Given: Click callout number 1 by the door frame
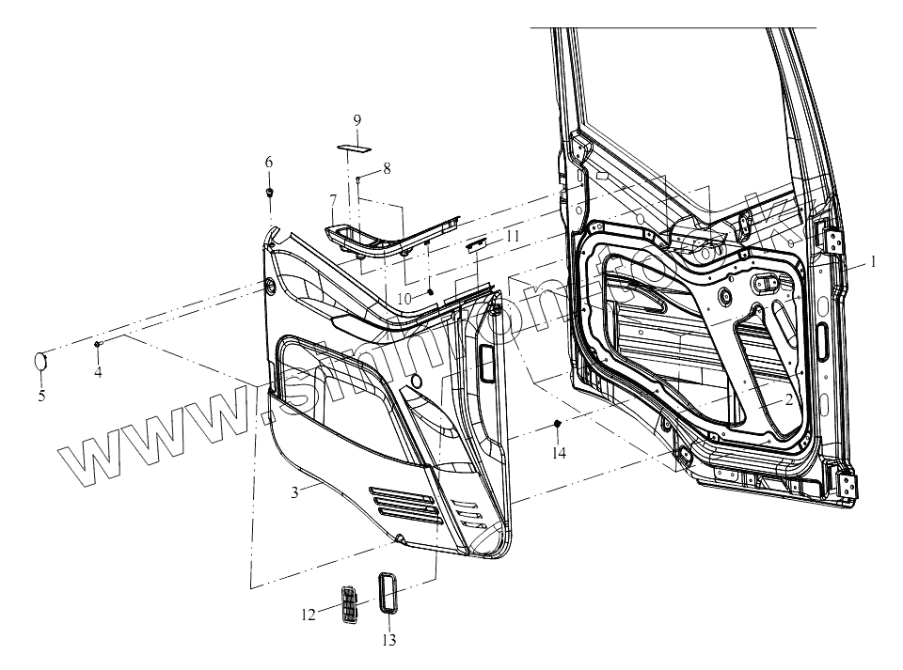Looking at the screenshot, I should [x=873, y=262].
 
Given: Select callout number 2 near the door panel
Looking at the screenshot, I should [x=788, y=398].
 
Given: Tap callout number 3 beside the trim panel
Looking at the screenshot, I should [x=294, y=492].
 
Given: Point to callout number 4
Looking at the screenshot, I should [x=98, y=372].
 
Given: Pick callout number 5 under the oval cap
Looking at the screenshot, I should [x=41, y=396].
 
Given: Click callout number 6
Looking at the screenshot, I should [x=269, y=162].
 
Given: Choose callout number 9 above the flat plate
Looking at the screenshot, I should [x=357, y=119].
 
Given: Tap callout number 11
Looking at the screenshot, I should [x=512, y=237].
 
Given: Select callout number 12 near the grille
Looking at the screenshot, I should [x=308, y=615].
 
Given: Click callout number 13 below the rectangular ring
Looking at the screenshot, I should [x=389, y=641].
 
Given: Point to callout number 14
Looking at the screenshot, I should [x=559, y=453].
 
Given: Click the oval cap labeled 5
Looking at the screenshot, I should [x=41, y=361].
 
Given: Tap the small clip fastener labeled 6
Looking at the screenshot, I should [x=270, y=193].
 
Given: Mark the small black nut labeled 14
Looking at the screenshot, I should [x=558, y=426].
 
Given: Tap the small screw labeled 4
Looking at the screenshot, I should [x=98, y=346].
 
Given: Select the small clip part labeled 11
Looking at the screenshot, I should [x=477, y=243].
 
